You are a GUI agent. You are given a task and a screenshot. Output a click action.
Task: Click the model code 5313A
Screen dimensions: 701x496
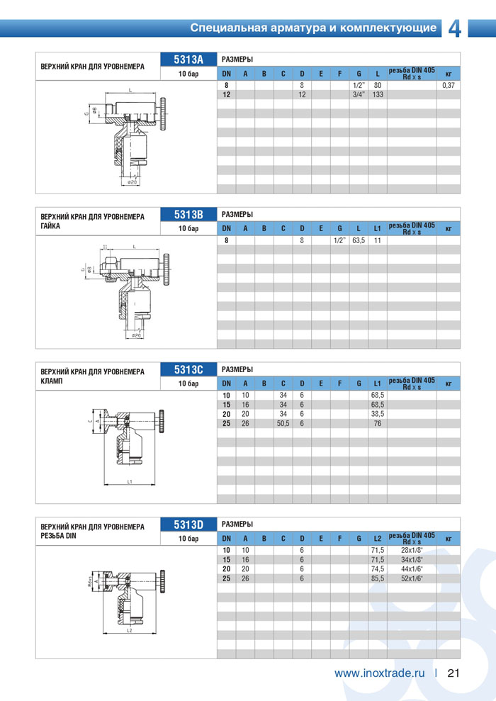click(x=189, y=60)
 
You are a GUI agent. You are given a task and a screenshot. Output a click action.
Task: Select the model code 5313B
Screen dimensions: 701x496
click(x=189, y=214)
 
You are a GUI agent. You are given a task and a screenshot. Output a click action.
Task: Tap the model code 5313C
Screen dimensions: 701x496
click(x=189, y=369)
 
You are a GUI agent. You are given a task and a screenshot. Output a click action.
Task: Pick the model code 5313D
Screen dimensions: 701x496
click(x=189, y=525)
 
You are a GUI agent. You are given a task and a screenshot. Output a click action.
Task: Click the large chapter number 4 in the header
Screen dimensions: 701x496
click(x=455, y=28)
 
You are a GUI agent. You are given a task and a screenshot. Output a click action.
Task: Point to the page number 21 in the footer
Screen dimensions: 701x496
click(x=454, y=673)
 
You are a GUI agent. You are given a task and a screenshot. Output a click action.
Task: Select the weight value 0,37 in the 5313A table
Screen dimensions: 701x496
click(x=448, y=85)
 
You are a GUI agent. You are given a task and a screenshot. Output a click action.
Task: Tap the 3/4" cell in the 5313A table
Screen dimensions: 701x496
click(x=359, y=94)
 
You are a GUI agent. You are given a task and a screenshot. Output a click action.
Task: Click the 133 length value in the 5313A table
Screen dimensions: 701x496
click(x=378, y=94)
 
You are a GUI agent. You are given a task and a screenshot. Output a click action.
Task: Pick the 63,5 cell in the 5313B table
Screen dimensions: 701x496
click(x=359, y=241)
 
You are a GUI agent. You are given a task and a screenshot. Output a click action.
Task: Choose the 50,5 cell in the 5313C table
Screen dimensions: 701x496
click(x=283, y=423)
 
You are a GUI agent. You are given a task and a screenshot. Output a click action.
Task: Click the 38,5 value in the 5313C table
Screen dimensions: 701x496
click(x=378, y=413)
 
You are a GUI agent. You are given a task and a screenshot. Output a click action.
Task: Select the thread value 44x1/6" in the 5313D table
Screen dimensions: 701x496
click(x=412, y=569)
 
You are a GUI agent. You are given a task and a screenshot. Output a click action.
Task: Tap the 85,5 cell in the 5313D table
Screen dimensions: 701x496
click(x=378, y=578)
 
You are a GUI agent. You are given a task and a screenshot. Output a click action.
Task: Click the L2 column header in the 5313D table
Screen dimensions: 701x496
click(x=378, y=540)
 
